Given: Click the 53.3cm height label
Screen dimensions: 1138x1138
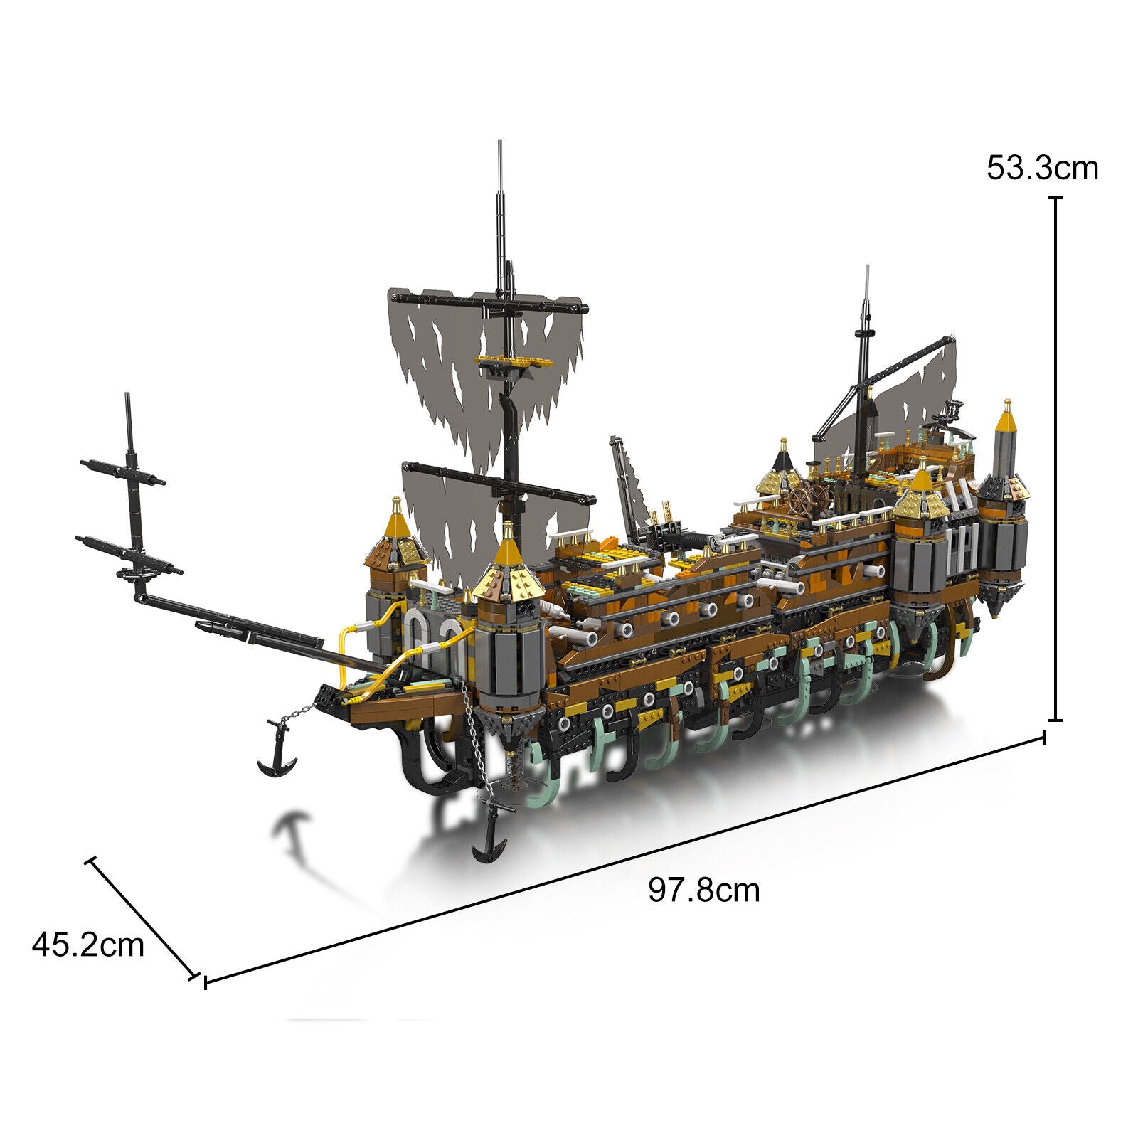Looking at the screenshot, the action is coord(1042,169).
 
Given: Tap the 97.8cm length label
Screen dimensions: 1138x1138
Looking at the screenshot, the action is coord(703,890).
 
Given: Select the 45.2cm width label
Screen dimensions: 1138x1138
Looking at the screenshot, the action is coord(88,945).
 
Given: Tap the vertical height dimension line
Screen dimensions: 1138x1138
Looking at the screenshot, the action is coord(1056,459).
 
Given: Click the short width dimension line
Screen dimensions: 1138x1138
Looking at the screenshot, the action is coord(142,918).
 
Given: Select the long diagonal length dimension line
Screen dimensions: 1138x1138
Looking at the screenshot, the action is coord(624,858).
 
